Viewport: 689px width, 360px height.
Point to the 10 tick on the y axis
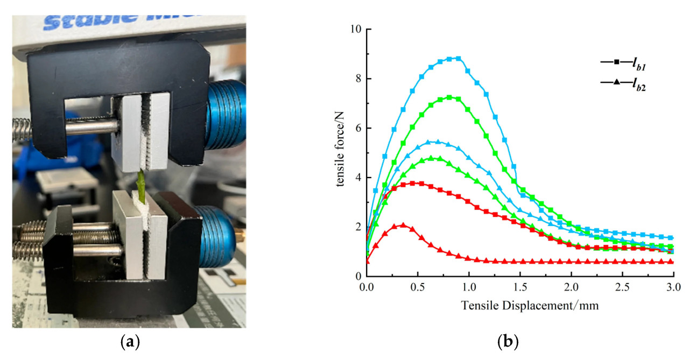point(357,29)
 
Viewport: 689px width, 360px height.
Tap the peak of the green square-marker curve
point(449,97)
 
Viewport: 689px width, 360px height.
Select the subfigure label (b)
point(510,342)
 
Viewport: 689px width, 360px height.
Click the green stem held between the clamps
point(141,183)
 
